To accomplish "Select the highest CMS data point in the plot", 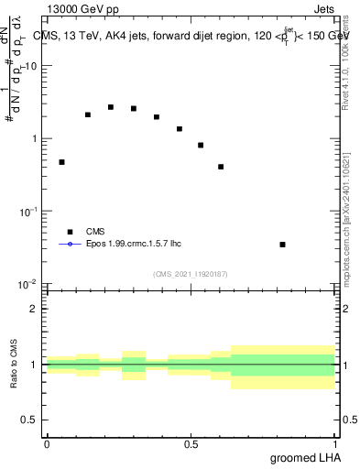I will pyautogui.click(x=111, y=107).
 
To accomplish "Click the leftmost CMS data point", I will pyautogui.click(x=61, y=162).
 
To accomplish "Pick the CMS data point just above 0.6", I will pyautogui.click(x=221, y=167).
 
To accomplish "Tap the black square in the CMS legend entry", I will pyautogui.click(x=70, y=232).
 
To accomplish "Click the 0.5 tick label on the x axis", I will pyautogui.click(x=191, y=444).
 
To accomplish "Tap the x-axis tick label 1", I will pyautogui.click(x=335, y=444).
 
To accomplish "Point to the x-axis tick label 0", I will pyautogui.click(x=47, y=444).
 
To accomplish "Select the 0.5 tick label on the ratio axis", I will pyautogui.click(x=29, y=420).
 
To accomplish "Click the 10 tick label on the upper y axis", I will pyautogui.click(x=30, y=66).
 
